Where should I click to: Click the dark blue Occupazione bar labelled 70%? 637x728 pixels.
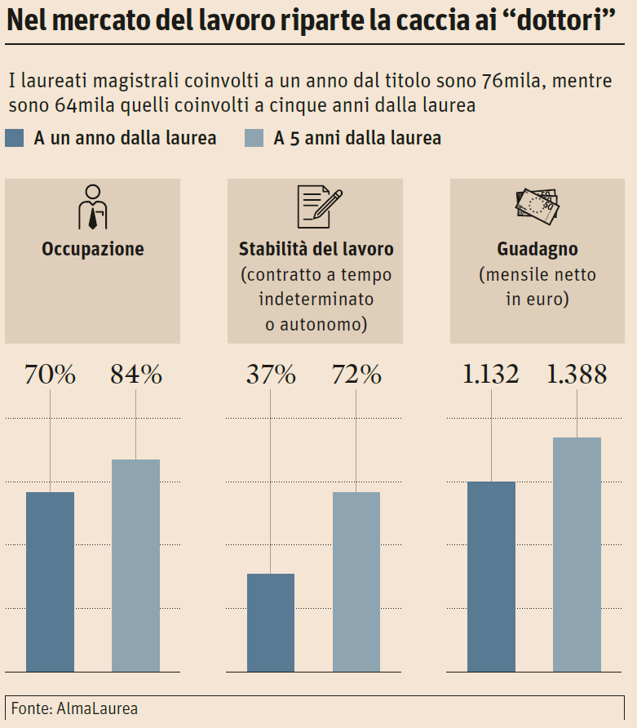[50, 581]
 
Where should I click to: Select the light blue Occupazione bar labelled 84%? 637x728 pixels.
[135, 565]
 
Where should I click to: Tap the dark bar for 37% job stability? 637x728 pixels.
[271, 622]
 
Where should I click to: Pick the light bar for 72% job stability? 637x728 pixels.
[356, 581]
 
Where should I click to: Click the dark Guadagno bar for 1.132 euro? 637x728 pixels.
[492, 576]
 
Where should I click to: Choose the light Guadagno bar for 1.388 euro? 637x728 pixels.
[577, 554]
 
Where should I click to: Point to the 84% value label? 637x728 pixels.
[136, 375]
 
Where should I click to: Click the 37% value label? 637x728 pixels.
[271, 375]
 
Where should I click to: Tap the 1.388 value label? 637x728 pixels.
[577, 375]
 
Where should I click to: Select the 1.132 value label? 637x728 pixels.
[491, 375]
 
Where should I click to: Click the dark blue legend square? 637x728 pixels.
[14, 138]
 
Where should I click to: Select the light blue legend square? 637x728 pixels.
[254, 138]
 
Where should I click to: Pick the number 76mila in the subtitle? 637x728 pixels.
[502, 82]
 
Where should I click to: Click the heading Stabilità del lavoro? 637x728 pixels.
[316, 249]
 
